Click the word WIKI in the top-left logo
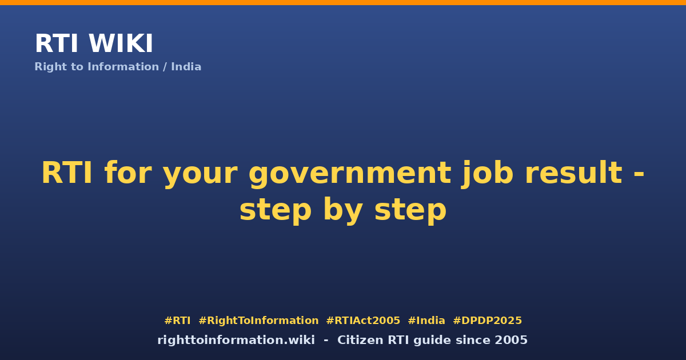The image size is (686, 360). coord(121,43)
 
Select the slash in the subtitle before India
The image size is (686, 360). coord(165,67)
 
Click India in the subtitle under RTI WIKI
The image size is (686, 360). coord(186,67)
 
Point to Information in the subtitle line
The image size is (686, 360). coord(123,67)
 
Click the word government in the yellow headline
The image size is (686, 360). coord(350,174)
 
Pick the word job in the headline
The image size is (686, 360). coord(487,174)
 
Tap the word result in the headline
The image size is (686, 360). coord(576,173)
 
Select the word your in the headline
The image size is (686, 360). coord(200,174)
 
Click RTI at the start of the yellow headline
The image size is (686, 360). coord(67,173)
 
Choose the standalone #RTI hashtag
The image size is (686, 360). coord(177,321)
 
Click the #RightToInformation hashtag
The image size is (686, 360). coord(258,321)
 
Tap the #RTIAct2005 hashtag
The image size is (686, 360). coord(363,321)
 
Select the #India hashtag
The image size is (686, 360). coord(426,321)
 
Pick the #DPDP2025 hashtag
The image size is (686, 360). coord(487,321)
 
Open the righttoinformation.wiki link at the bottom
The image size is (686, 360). coord(236,340)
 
